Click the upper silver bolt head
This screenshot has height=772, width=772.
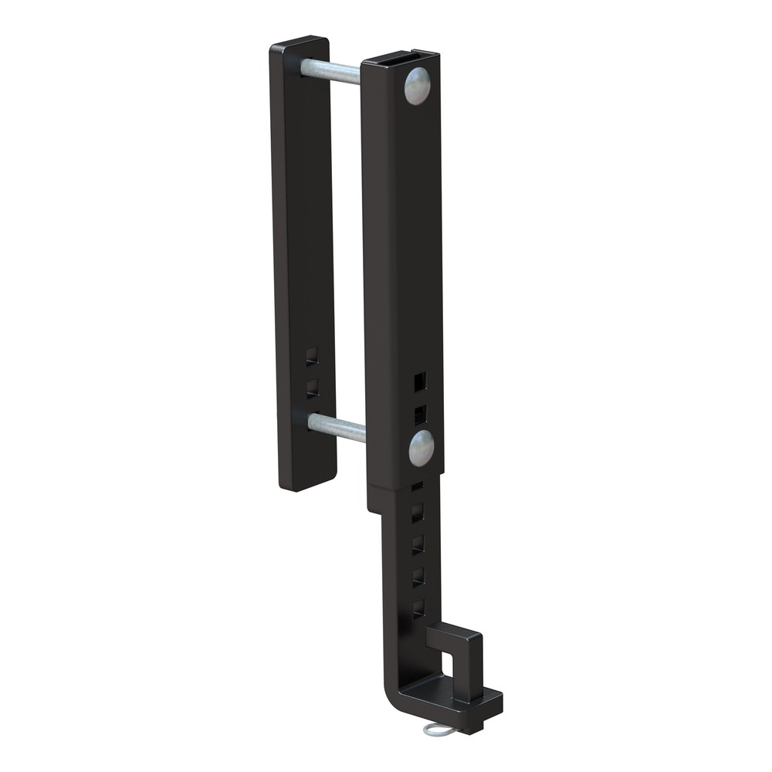pos(417,86)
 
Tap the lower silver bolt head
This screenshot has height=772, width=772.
pos(421,449)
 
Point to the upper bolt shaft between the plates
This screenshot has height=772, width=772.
pos(330,71)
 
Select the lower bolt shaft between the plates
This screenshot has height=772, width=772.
pos(337,427)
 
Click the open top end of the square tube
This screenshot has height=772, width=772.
pos(400,56)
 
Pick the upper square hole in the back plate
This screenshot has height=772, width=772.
pos(311,356)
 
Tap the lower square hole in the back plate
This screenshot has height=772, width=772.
pos(312,387)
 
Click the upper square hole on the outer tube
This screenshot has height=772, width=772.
pos(419,381)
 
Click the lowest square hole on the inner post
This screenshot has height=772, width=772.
pos(418,607)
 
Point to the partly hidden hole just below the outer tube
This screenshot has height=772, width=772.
pos(417,487)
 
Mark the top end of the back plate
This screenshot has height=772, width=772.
pos(300,42)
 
